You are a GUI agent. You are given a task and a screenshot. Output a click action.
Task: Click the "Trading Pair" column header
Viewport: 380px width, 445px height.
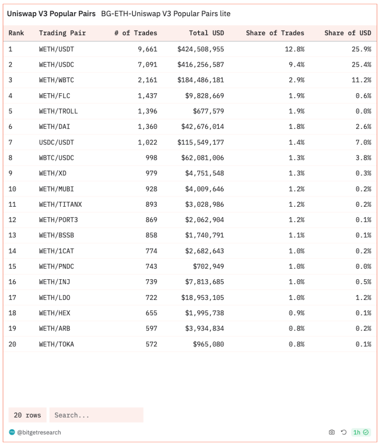(62, 33)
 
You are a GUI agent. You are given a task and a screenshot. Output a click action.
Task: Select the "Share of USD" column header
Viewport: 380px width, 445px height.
(348, 33)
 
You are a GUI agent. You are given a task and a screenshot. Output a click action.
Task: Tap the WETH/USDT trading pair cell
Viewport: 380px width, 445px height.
(56, 49)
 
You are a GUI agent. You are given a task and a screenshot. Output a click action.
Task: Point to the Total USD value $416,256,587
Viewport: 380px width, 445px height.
(200, 64)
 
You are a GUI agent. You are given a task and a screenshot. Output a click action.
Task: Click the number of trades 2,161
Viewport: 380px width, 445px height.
(147, 80)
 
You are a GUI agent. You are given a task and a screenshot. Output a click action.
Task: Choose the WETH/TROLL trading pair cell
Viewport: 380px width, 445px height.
(58, 111)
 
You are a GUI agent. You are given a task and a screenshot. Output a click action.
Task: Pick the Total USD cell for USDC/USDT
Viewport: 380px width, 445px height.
(200, 142)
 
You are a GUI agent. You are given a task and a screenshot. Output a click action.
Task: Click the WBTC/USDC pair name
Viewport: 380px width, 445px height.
(56, 158)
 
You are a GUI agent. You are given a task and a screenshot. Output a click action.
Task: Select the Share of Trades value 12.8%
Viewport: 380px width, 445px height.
(294, 49)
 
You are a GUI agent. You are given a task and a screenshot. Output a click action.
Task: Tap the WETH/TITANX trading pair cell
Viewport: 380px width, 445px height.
(60, 204)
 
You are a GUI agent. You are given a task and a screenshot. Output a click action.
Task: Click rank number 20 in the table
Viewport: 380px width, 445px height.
(12, 344)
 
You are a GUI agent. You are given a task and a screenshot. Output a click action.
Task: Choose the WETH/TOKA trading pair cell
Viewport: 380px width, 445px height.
(56, 344)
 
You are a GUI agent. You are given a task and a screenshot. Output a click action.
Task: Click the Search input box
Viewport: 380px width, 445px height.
(96, 415)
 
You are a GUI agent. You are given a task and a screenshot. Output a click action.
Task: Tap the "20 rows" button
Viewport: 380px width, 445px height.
(27, 415)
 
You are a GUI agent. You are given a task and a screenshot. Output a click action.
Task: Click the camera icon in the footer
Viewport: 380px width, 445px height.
(332, 432)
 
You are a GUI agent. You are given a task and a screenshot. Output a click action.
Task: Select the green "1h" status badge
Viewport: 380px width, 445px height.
(361, 432)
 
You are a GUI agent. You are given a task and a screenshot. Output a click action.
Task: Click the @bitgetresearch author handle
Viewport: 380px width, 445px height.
(39, 432)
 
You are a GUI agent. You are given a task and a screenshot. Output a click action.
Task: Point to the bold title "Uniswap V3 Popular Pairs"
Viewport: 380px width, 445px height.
(51, 14)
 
